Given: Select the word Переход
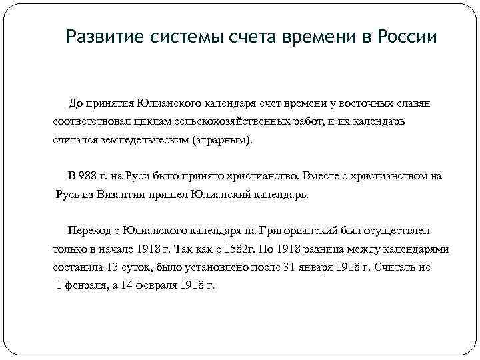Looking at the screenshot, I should (88, 230).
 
